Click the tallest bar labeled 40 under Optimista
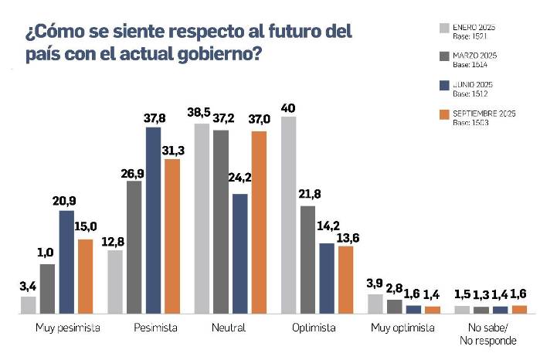(x=289, y=216)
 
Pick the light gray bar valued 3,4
(x=29, y=305)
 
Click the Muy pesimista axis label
(x=68, y=328)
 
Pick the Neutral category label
(x=228, y=328)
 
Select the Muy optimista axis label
(x=402, y=328)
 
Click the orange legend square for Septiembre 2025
(x=443, y=116)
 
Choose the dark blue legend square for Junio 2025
(x=443, y=86)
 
